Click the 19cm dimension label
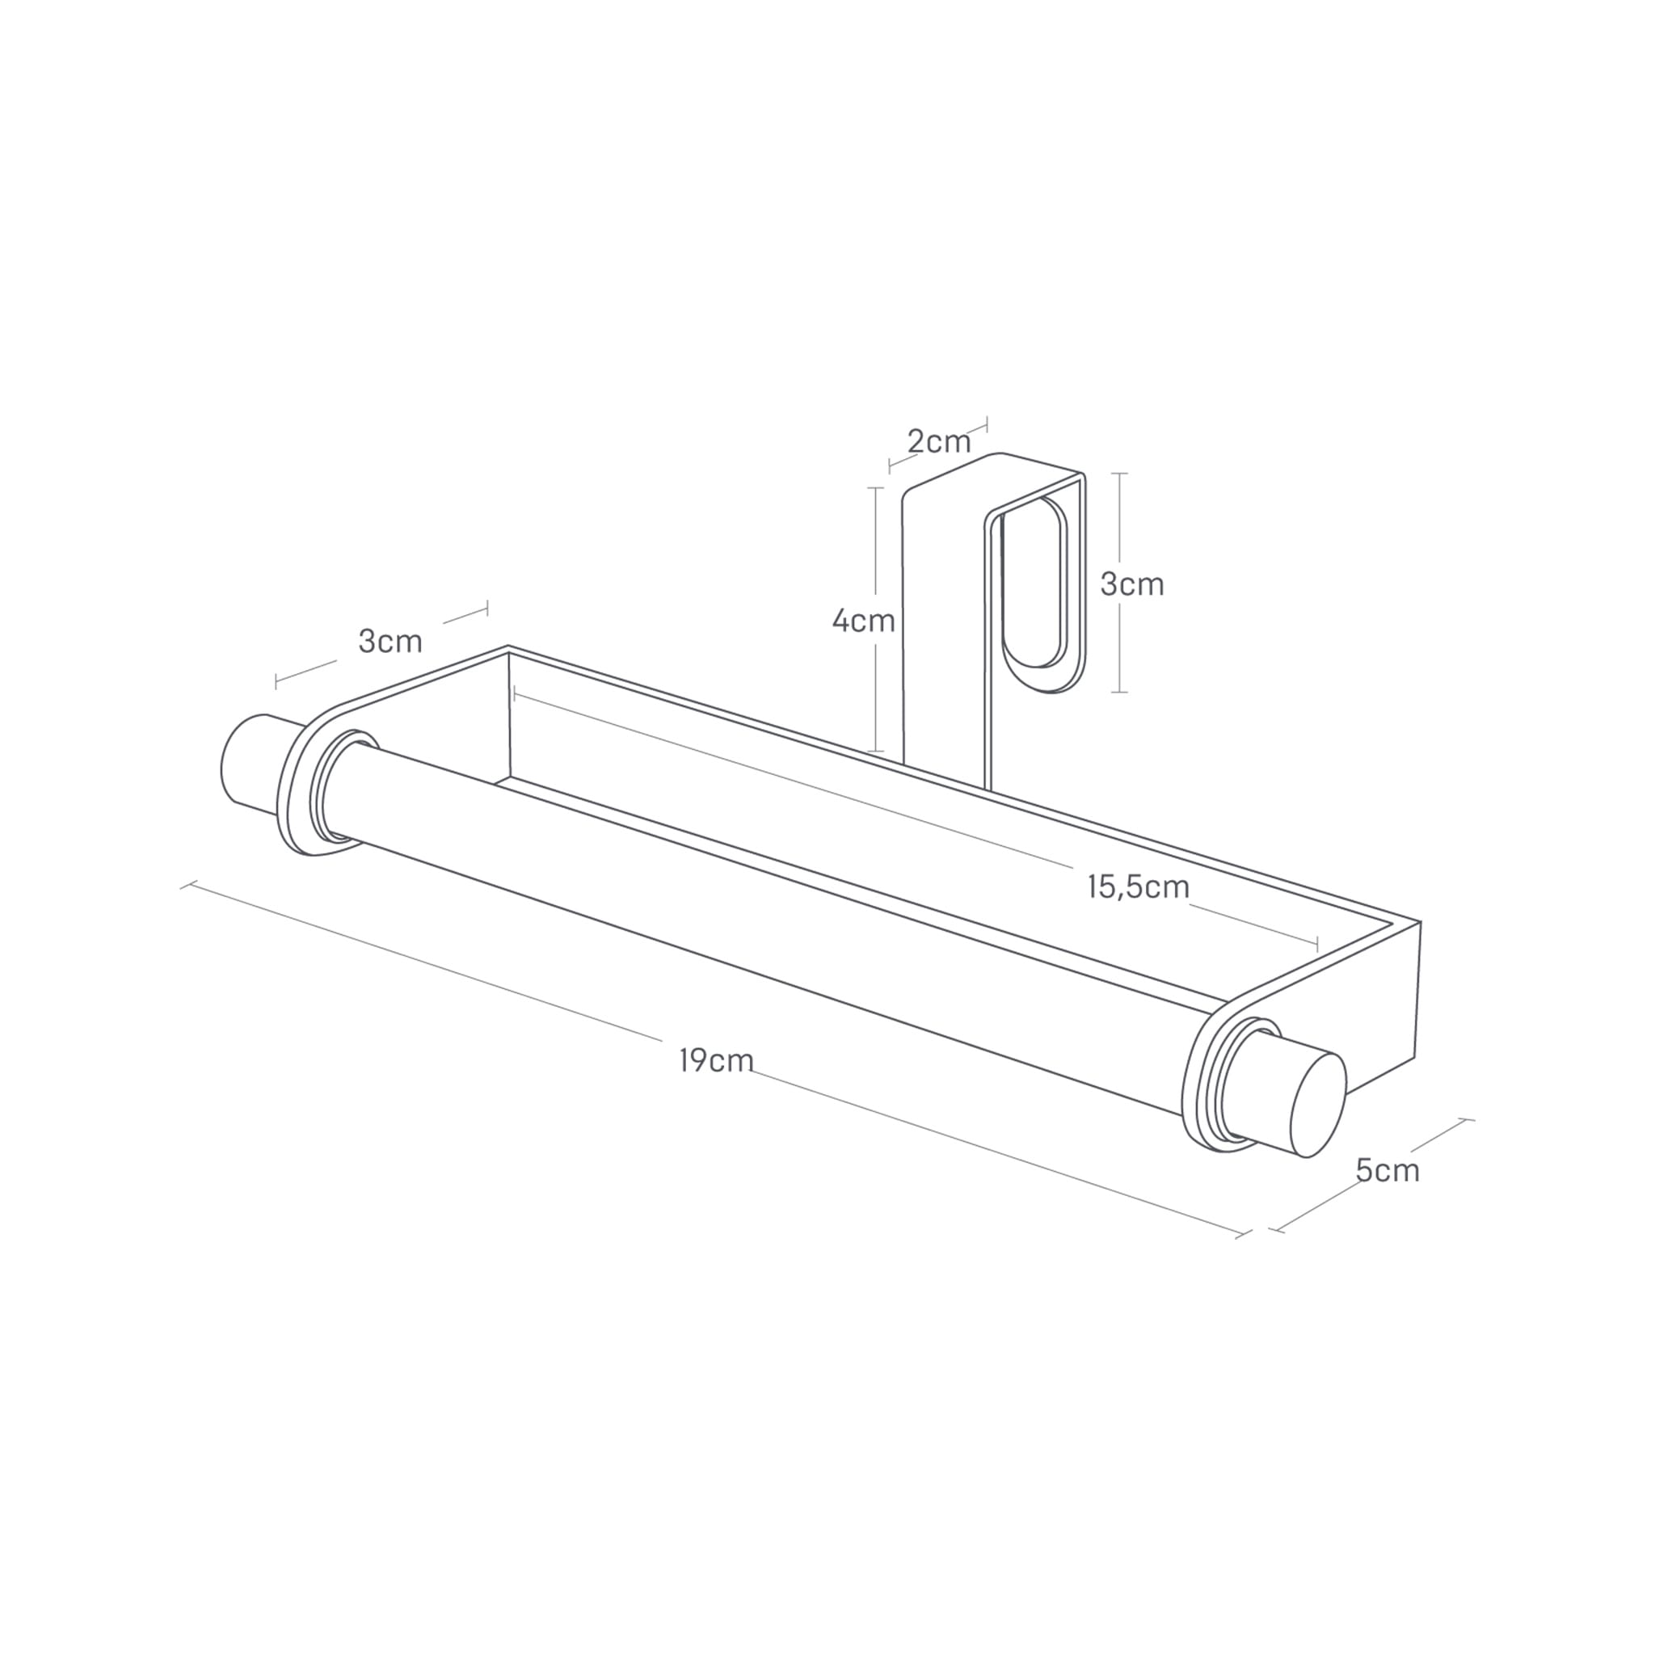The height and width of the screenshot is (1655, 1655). click(x=716, y=1060)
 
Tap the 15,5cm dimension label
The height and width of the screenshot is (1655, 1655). click(x=1139, y=886)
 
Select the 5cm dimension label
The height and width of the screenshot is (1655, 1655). click(x=1387, y=1170)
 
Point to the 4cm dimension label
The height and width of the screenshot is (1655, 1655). click(x=864, y=621)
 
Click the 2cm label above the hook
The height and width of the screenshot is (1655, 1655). click(x=939, y=442)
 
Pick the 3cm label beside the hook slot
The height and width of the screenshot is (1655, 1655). click(x=1131, y=584)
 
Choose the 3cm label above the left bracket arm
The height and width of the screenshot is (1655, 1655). click(x=390, y=641)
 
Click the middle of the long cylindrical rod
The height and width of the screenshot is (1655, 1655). click(x=771, y=929)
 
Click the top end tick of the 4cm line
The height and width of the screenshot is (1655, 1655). click(x=875, y=488)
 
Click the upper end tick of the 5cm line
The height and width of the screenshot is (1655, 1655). click(x=1466, y=1119)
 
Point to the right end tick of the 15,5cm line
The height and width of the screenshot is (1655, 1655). click(x=1317, y=945)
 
